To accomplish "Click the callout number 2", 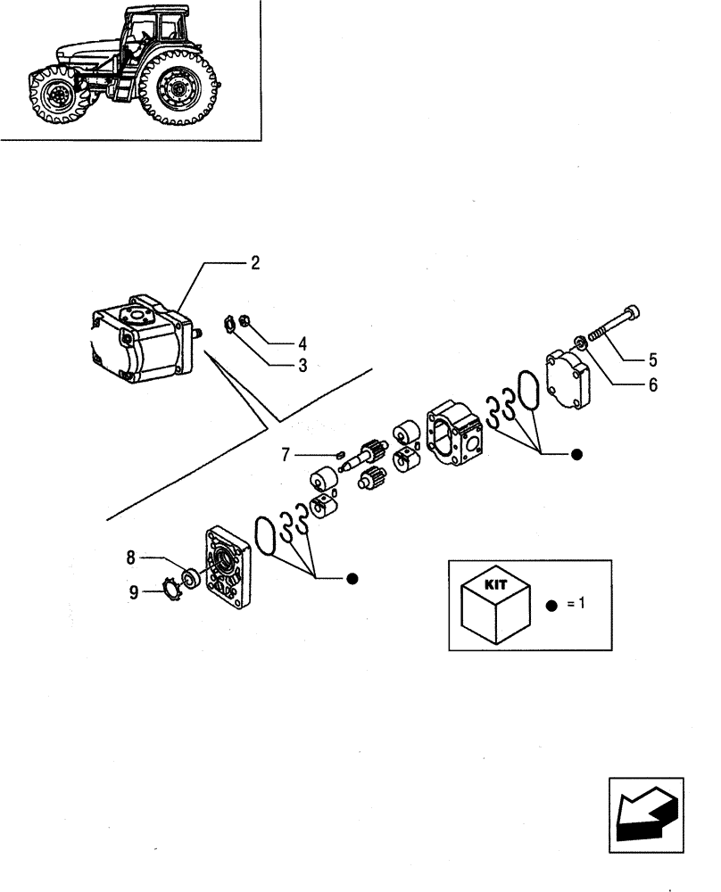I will coord(255,263).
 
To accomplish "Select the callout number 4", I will coord(278,343).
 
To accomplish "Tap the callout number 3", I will coord(278,365).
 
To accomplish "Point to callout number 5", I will coord(652,360).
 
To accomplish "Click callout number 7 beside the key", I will coord(286,456).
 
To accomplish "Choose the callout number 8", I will coord(130,559).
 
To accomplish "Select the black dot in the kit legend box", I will coord(551,604).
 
